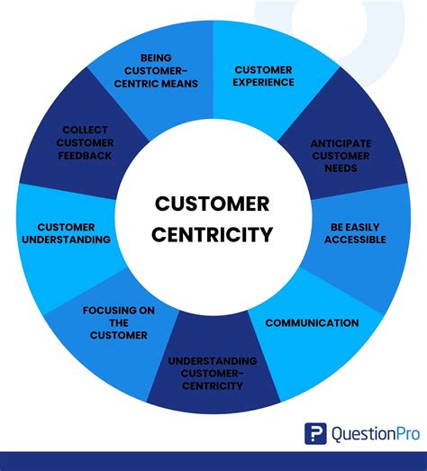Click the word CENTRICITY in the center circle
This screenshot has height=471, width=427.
point(212,235)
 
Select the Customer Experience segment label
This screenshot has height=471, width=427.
point(264,76)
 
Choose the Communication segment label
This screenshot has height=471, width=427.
point(312,322)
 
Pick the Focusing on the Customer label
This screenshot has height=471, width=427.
point(113,322)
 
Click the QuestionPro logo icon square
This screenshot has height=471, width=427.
point(315,433)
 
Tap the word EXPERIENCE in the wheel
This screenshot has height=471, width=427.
point(264,82)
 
